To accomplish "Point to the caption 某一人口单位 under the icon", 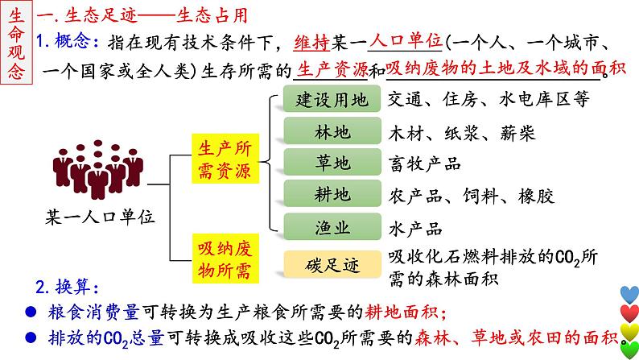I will click(x=100, y=216).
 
